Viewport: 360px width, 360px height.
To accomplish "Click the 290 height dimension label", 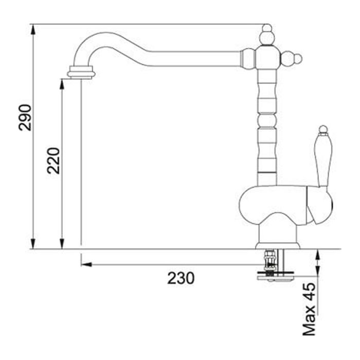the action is (25, 117).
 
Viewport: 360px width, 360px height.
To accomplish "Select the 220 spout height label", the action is (53, 160).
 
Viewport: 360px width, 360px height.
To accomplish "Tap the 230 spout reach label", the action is (181, 278).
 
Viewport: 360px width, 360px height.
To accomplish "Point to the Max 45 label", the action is (309, 309).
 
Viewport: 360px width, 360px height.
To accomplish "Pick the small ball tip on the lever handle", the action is (323, 129).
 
